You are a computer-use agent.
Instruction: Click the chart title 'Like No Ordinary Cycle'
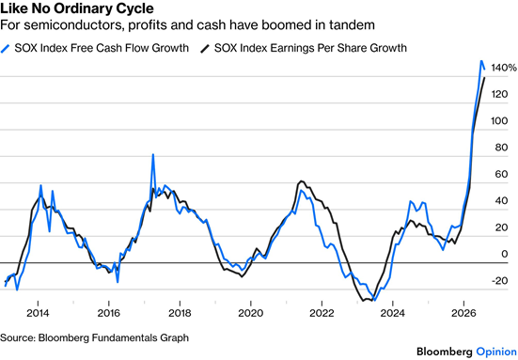tap(77, 8)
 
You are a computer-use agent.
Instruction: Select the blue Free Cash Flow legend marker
tap(5, 49)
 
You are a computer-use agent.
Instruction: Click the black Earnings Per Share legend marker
tap(205, 49)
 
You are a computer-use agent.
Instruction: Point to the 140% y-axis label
tap(504, 68)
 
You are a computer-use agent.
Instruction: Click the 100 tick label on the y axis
tap(499, 121)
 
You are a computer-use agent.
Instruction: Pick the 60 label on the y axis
tap(501, 174)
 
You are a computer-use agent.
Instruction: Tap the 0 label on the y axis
tap(505, 254)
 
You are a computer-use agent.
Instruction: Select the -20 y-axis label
tap(499, 281)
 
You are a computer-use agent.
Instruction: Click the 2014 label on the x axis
tap(38, 313)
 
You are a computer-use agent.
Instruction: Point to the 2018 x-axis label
tap(180, 313)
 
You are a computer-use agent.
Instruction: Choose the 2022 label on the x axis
tap(322, 313)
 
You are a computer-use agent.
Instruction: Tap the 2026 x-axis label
tap(463, 313)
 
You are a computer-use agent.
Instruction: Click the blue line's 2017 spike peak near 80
tap(153, 154)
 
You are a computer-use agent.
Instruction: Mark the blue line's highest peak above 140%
tap(481, 61)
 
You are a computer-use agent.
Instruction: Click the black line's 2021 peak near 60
tap(301, 181)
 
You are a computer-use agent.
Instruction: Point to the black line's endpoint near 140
tap(485, 78)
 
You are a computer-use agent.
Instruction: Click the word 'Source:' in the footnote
tap(18, 337)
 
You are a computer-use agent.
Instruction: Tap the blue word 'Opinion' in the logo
tap(496, 352)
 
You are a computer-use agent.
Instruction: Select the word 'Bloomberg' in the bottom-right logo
tap(445, 352)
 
